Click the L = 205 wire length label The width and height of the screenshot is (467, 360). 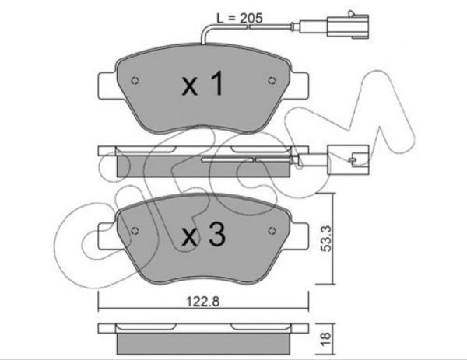click(x=240, y=18)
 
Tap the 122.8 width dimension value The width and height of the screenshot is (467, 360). click(x=203, y=302)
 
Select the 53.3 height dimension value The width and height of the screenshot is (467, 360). click(x=326, y=238)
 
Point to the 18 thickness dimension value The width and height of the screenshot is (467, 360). click(x=326, y=339)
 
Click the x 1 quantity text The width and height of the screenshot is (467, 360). click(x=203, y=84)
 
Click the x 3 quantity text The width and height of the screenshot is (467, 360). click(x=204, y=235)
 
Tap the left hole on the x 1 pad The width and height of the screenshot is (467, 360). click(x=135, y=80)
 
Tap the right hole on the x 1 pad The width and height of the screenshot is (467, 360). click(x=272, y=80)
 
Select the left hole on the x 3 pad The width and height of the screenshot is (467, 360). click(x=135, y=231)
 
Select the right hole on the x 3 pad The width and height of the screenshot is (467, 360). click(x=272, y=231)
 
